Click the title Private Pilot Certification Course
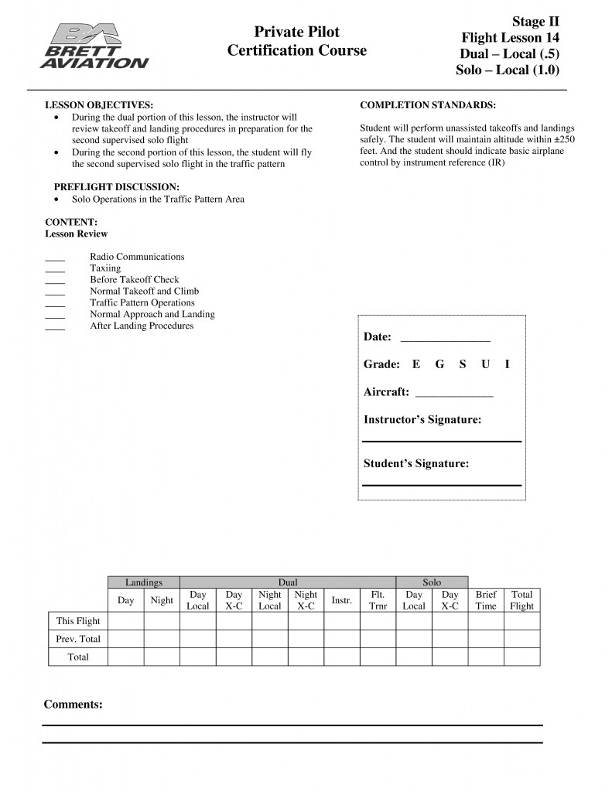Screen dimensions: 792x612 tap(296, 41)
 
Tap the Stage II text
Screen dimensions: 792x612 tap(535, 21)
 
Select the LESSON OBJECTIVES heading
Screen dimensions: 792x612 tap(99, 104)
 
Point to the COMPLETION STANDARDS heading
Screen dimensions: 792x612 tap(428, 104)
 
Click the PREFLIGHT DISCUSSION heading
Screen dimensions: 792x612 tap(116, 187)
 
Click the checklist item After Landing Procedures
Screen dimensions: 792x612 tap(142, 326)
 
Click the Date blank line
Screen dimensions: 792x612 tap(445, 340)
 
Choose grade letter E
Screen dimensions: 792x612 tap(416, 364)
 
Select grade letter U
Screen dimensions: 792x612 tap(485, 364)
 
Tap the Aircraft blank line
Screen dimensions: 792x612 tap(454, 395)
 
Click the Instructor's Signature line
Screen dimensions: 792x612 tap(442, 440)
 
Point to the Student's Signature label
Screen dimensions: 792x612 tap(416, 464)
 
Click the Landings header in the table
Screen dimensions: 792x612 tap(143, 582)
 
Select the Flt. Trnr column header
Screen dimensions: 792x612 tap(378, 600)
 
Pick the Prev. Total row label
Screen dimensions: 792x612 tap(78, 639)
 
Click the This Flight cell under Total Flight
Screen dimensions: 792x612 tap(521, 621)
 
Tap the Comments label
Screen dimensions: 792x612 tap(73, 705)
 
